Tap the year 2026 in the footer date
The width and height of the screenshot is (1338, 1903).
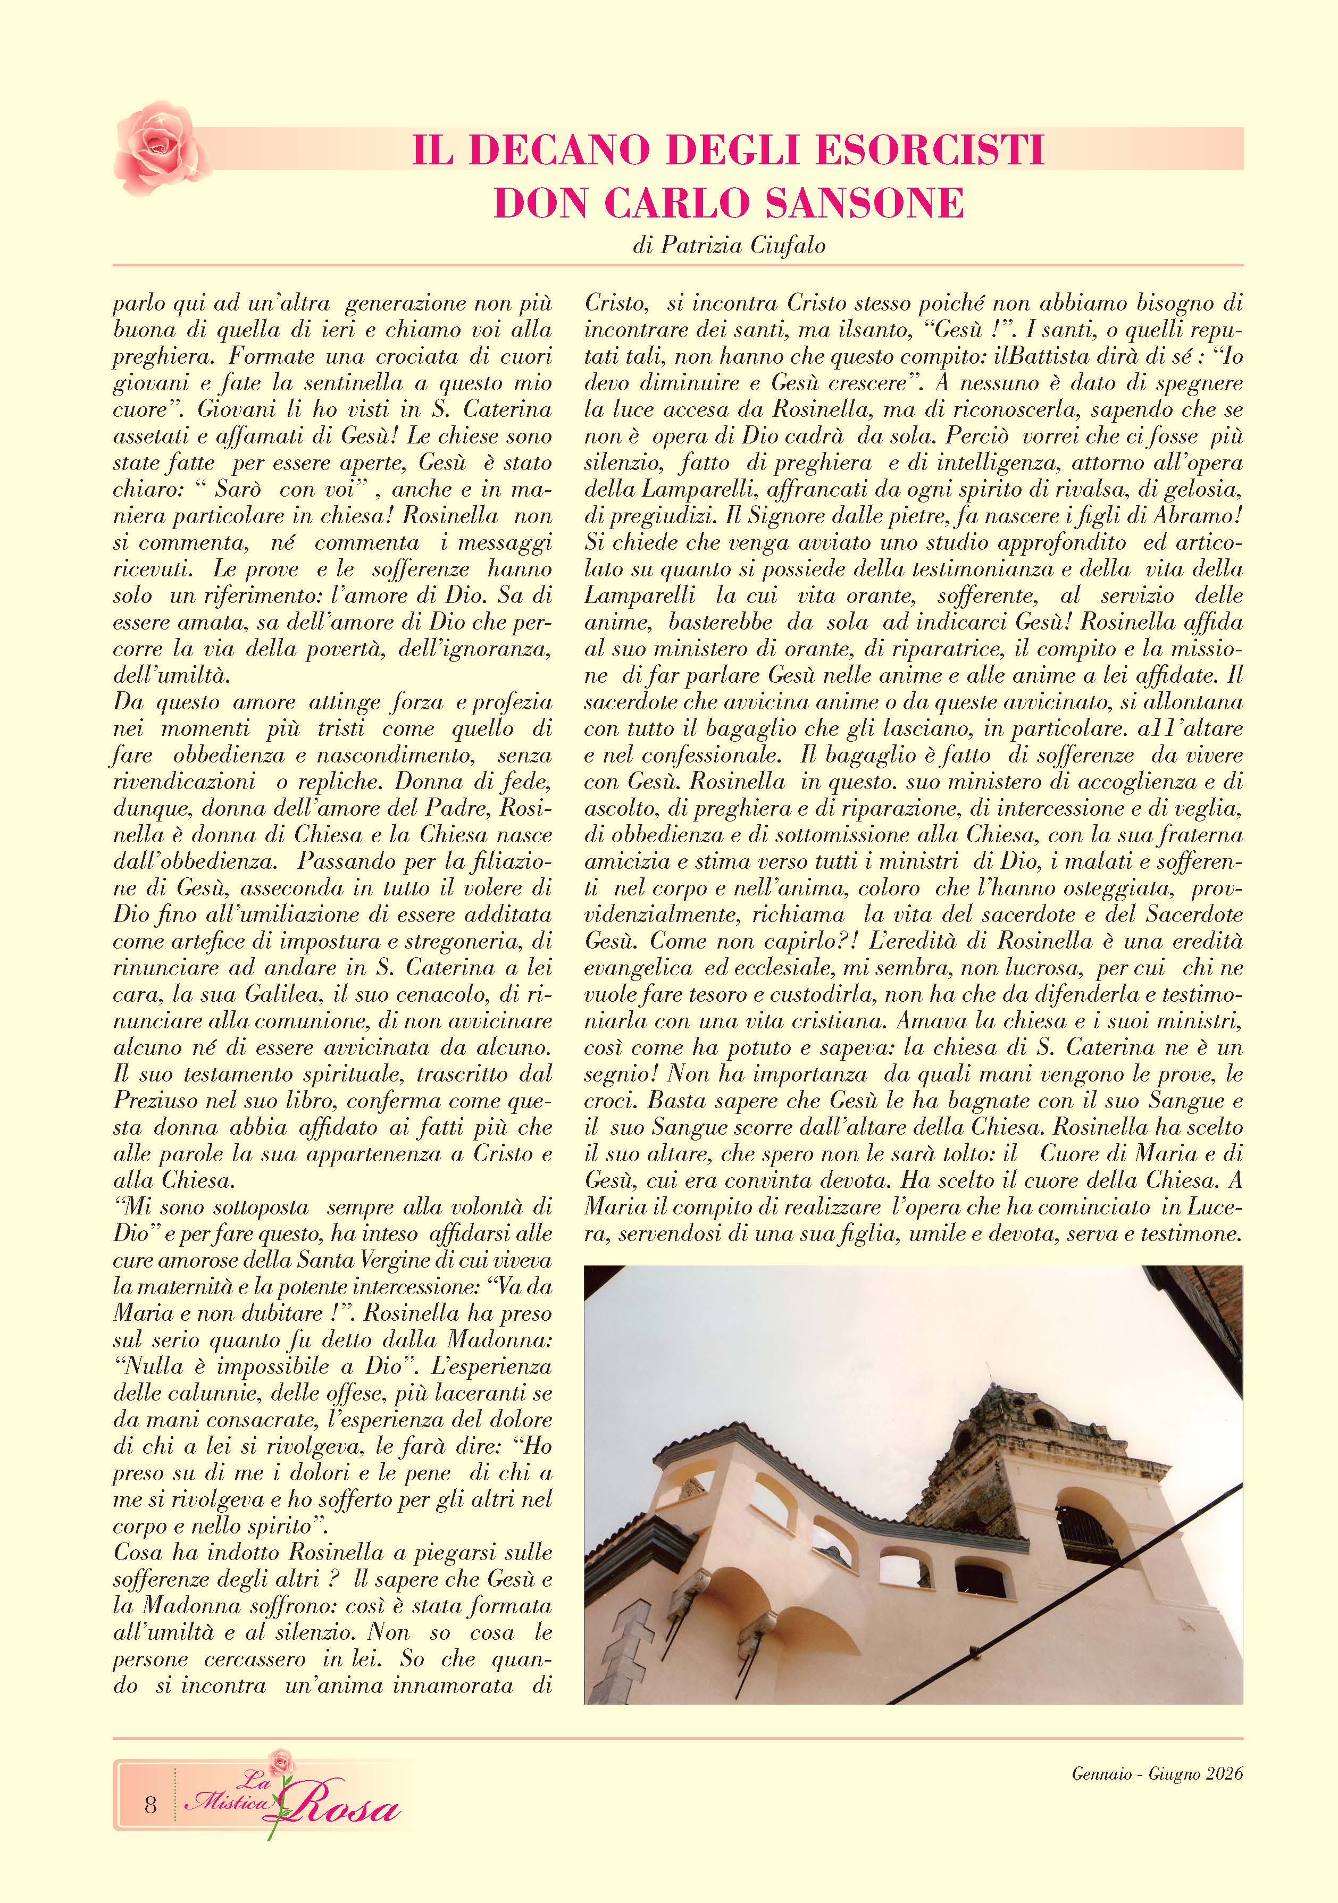[x=1224, y=1774]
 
